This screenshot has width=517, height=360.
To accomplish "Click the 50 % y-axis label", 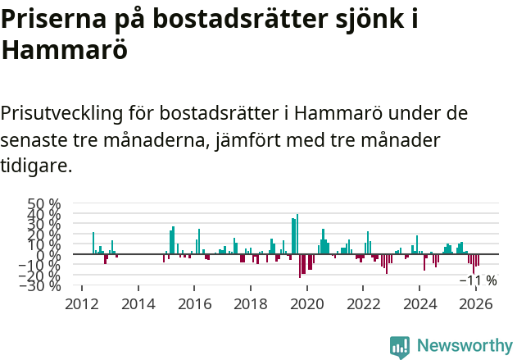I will coord(44,204).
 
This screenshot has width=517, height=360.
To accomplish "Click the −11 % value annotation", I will coord(478,280).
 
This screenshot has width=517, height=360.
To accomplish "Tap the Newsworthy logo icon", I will coord(400,347).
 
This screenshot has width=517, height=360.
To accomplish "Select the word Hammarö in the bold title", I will coord(64,49).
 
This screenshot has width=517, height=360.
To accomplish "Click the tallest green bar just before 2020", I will coord(297,235).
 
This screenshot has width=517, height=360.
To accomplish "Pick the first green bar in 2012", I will coord(93,244).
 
